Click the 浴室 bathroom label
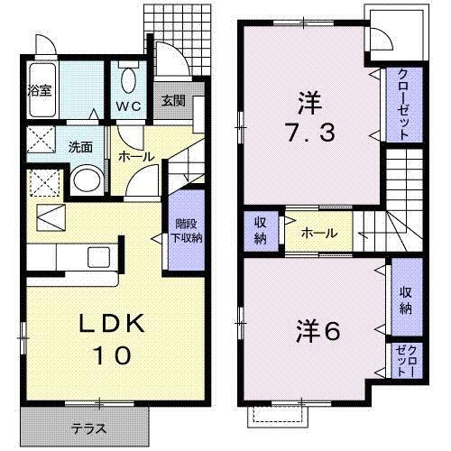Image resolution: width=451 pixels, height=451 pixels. pyautogui.click(x=39, y=90)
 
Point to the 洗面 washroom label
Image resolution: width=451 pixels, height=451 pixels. pyautogui.click(x=81, y=147)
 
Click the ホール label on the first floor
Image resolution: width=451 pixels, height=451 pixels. pyautogui.click(x=136, y=156)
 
